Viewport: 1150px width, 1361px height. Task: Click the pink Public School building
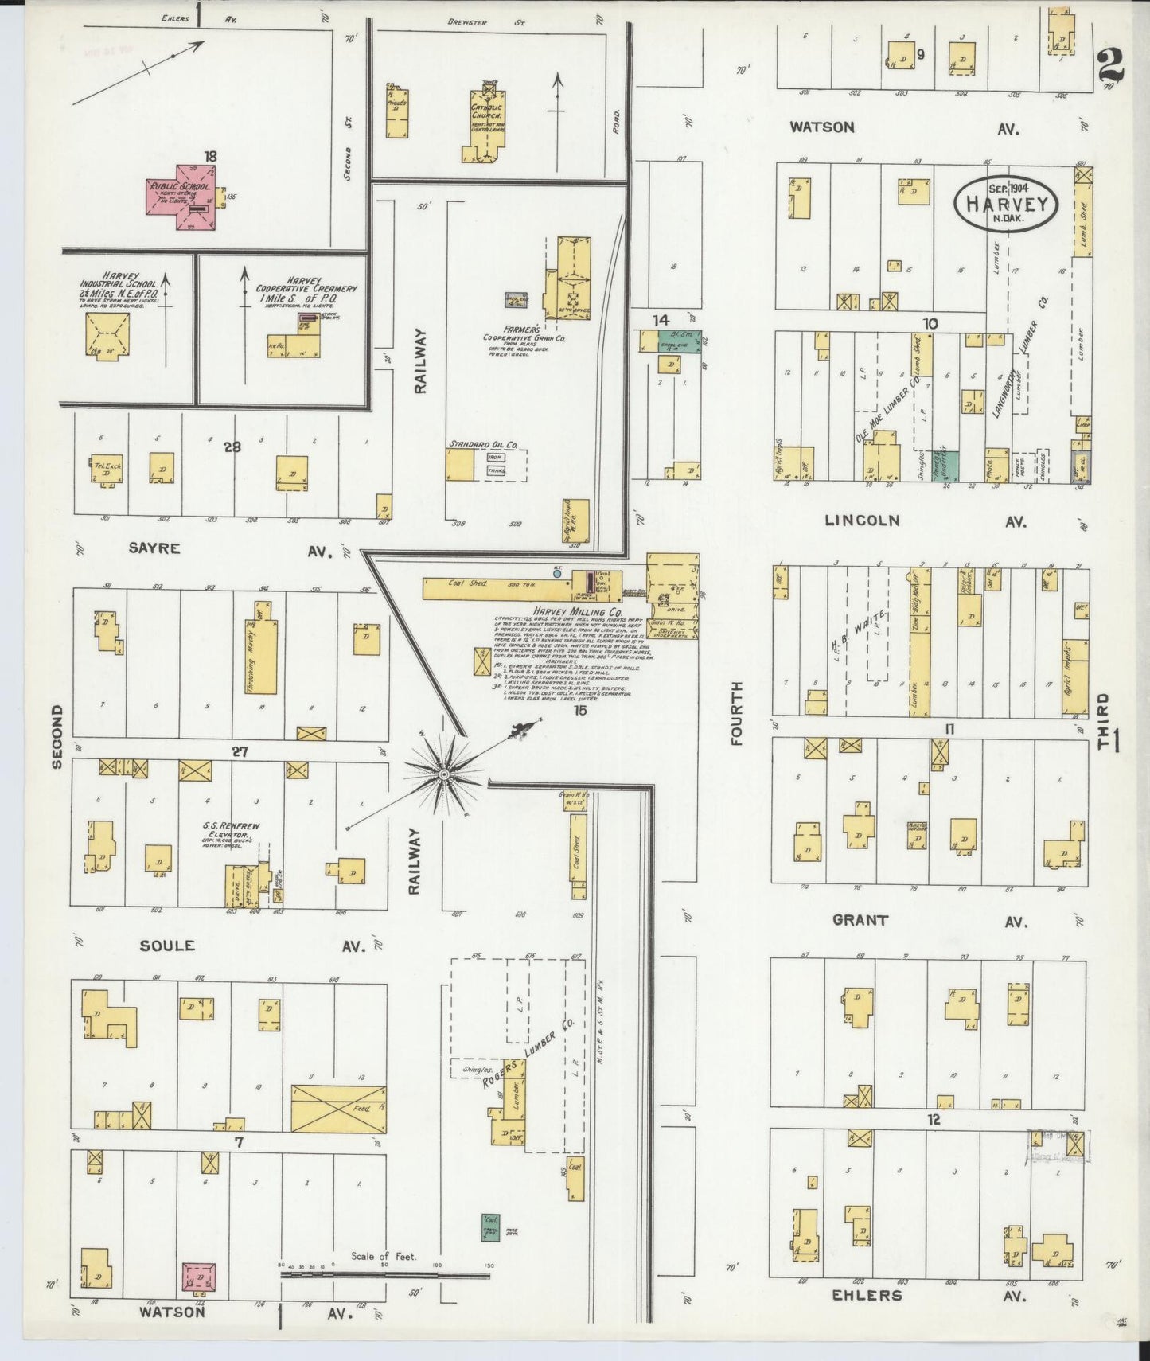point(180,194)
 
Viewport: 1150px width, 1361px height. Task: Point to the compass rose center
point(444,773)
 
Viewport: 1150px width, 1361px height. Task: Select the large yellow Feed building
point(339,1108)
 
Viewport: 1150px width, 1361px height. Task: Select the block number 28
point(232,447)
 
